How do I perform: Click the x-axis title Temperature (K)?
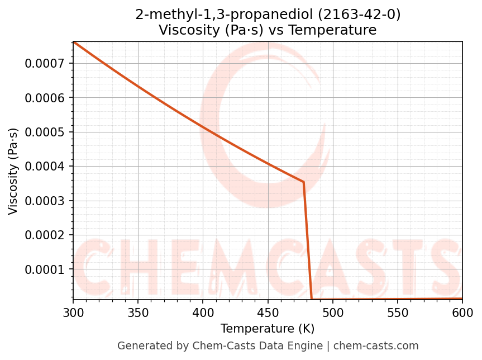268,329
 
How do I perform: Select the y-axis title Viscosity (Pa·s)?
13,171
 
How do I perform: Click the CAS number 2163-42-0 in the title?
354,15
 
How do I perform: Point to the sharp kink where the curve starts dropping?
304,182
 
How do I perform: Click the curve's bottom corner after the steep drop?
312,299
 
